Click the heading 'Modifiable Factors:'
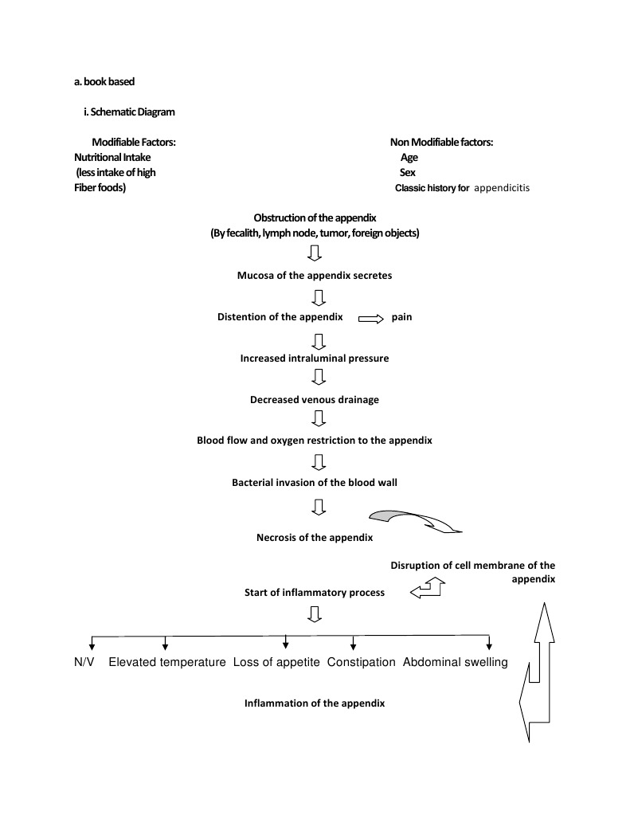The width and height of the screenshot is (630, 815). [134, 142]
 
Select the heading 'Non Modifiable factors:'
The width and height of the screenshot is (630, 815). [441, 142]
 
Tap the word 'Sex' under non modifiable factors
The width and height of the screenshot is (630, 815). [407, 172]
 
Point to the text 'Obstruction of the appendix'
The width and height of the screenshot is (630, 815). [315, 218]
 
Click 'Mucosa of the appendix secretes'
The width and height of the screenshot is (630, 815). [315, 276]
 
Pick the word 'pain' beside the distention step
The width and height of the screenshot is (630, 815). [401, 317]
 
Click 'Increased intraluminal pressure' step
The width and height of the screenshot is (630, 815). [315, 359]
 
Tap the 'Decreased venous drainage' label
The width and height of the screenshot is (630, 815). [315, 400]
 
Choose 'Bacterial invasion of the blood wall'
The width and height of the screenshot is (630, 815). [315, 483]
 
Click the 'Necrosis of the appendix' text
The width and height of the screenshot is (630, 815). [315, 537]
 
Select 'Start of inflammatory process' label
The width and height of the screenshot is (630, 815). [315, 593]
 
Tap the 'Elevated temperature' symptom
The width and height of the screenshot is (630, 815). [167, 662]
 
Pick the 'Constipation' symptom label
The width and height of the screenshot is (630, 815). [362, 662]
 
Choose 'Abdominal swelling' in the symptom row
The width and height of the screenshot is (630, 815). [456, 662]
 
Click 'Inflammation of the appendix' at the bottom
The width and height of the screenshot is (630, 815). [315, 703]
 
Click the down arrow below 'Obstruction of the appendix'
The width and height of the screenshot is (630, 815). [315, 253]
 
